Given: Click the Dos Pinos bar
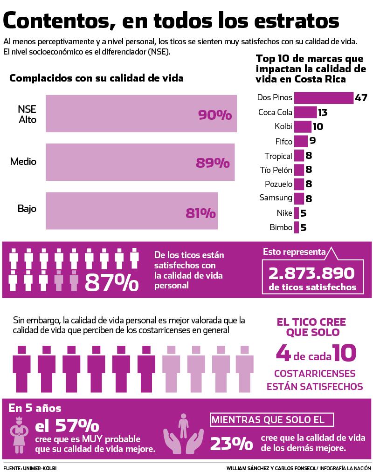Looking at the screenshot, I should (324, 98).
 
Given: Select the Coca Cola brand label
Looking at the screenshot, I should (275, 112).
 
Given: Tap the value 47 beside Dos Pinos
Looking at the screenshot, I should (361, 98).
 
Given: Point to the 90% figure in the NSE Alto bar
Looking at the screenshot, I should (215, 115).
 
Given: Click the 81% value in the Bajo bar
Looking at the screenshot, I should (200, 213).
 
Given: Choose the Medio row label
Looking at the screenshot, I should (23, 162).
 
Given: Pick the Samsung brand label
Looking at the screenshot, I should (276, 198).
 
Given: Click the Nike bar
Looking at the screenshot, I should (297, 213).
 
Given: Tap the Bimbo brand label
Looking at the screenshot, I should (281, 227).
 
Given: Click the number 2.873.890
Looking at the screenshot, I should (312, 273).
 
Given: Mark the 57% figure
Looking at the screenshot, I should (67, 425).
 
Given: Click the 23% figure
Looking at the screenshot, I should (231, 443).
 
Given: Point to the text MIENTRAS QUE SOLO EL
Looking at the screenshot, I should (273, 420).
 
